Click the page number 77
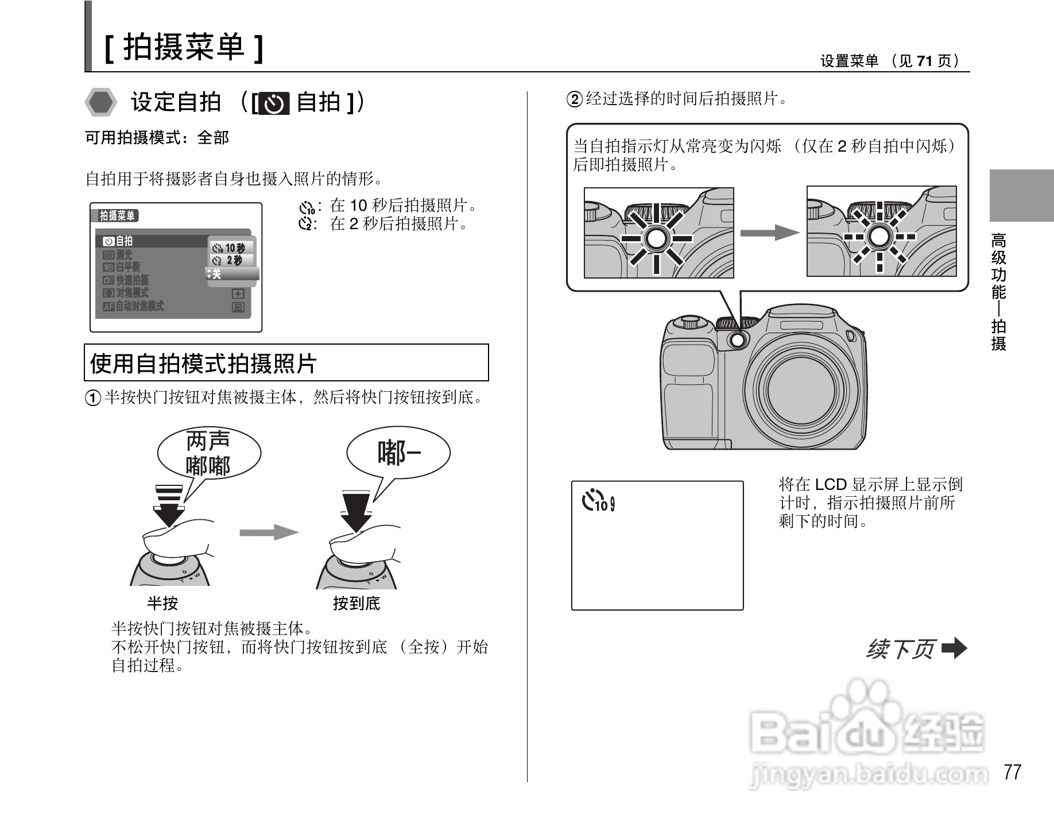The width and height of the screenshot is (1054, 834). point(1013,772)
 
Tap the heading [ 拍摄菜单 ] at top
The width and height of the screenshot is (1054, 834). point(184,47)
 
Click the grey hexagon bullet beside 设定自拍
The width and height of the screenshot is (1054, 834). point(101,103)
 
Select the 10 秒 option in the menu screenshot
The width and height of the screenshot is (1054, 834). point(230,248)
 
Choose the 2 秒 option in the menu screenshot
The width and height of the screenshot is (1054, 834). point(230,261)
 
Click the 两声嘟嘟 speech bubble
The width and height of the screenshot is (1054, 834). point(208,453)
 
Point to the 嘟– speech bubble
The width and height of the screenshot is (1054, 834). point(398,454)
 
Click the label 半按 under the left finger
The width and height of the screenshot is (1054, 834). point(162,603)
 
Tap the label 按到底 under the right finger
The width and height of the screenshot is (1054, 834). point(356,603)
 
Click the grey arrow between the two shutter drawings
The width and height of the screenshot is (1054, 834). point(269,532)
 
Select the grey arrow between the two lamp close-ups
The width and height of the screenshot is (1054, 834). point(770,233)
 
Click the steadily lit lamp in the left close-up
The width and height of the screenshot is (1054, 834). point(657,238)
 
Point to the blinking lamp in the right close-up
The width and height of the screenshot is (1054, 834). point(879,236)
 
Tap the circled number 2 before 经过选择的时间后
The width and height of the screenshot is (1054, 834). point(575,99)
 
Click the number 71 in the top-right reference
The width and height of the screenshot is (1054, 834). point(924,61)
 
